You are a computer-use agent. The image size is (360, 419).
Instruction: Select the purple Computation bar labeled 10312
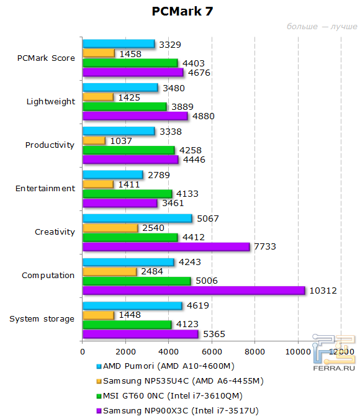point(194,291)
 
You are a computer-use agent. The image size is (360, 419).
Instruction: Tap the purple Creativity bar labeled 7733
point(166,247)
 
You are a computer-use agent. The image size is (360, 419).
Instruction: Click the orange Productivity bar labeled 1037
point(94,140)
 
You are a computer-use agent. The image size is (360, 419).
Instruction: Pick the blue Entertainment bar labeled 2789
point(112,175)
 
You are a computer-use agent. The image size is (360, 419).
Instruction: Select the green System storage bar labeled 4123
point(127,325)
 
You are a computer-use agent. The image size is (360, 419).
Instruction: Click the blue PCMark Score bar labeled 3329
point(118,44)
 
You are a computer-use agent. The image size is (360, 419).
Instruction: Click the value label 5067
point(207,219)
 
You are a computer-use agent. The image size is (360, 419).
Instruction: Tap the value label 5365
point(214,334)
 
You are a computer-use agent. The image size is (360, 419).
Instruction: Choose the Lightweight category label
point(51,102)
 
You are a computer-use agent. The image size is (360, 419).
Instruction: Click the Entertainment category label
point(45,189)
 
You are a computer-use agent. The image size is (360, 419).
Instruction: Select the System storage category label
point(42,319)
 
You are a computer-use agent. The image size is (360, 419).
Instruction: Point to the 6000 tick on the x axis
point(212,351)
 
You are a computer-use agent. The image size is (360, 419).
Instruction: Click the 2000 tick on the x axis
point(126,351)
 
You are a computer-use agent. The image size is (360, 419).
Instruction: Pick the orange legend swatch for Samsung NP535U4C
point(99,381)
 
